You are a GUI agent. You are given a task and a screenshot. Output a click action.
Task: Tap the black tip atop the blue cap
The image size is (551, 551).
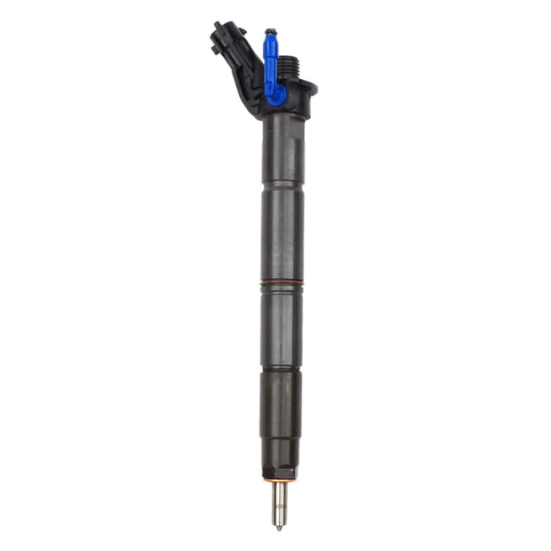[x=269, y=33]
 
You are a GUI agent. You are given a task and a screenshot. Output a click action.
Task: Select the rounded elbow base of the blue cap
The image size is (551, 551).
[x=276, y=93]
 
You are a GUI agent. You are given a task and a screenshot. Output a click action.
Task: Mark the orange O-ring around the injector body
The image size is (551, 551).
[x=282, y=283]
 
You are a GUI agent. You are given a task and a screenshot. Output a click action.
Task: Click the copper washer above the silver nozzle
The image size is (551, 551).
[x=280, y=479]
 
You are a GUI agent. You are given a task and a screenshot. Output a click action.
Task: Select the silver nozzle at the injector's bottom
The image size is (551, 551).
[x=280, y=502]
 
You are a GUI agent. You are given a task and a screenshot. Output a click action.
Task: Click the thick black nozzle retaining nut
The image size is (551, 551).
[x=281, y=418]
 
